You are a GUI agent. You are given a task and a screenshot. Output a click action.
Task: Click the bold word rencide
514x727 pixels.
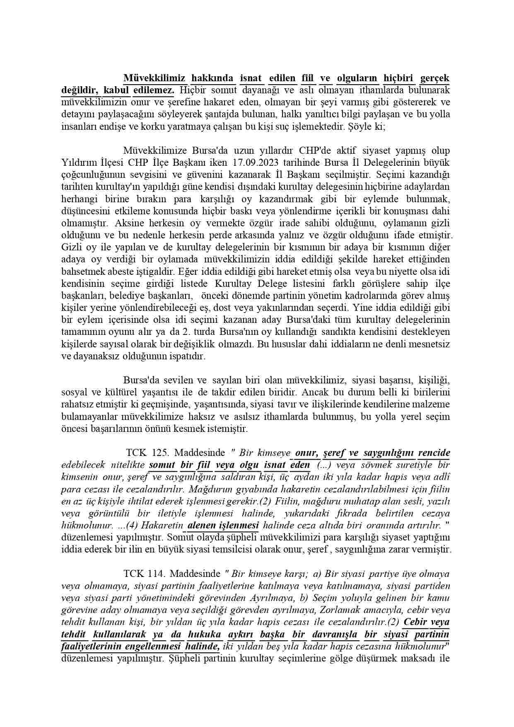pyautogui.click(x=434, y=453)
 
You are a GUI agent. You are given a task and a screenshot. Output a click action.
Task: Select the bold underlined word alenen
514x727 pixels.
pyautogui.click(x=202, y=525)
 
